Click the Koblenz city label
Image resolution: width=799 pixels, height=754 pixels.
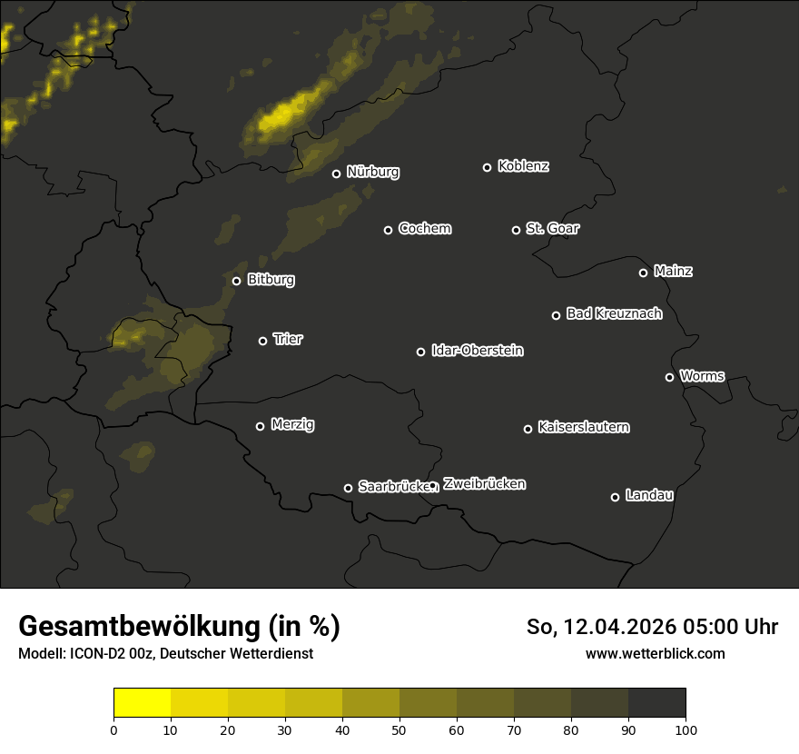(523, 166)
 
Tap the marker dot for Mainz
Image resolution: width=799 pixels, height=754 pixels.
(643, 273)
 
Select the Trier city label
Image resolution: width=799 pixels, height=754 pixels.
(288, 339)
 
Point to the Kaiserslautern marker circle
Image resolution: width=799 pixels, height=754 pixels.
(528, 429)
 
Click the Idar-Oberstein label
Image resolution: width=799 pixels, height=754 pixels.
(477, 351)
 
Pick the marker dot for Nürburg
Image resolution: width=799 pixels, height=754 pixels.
(336, 174)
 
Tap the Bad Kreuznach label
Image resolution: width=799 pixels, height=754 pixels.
(614, 313)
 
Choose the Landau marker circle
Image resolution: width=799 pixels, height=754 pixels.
(615, 497)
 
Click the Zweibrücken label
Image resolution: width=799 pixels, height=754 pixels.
(484, 483)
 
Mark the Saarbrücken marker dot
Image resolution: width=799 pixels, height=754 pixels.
(348, 488)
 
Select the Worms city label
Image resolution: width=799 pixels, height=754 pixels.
(702, 375)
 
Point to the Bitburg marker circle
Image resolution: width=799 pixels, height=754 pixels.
(236, 281)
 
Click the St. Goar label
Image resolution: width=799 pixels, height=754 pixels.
(552, 228)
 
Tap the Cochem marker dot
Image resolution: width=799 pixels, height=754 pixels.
(388, 230)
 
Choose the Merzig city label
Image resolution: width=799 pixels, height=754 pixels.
(292, 424)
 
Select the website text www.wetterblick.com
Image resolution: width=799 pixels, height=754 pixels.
(656, 653)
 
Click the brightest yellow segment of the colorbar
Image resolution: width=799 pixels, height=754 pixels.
(143, 703)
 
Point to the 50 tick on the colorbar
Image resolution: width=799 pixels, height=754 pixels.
(399, 729)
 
